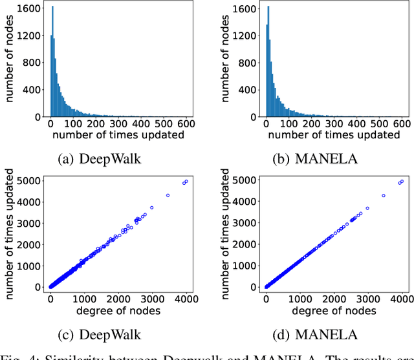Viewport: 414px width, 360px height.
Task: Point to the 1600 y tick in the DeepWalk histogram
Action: tap(32, 10)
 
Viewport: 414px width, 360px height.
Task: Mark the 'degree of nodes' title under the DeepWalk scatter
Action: tap(118, 310)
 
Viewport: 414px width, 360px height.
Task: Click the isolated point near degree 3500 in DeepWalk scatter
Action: tap(168, 195)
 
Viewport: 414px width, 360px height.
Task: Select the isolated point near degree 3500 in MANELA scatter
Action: tap(383, 195)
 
